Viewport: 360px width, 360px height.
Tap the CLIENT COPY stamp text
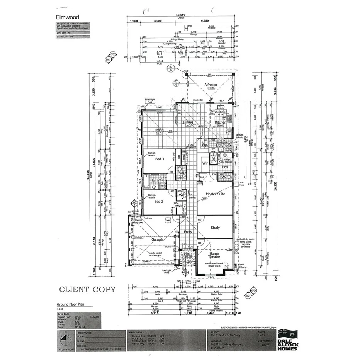click(x=87, y=289)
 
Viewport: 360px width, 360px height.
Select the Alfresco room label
click(x=210, y=84)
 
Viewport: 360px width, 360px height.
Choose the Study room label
click(x=215, y=228)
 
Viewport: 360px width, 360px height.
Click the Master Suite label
click(x=215, y=194)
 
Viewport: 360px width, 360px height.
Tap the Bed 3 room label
click(x=160, y=159)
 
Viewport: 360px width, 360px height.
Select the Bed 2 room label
click(x=160, y=202)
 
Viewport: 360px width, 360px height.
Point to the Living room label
click(x=160, y=130)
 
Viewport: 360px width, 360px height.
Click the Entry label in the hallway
click(x=188, y=232)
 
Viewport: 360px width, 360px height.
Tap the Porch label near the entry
click(x=188, y=254)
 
